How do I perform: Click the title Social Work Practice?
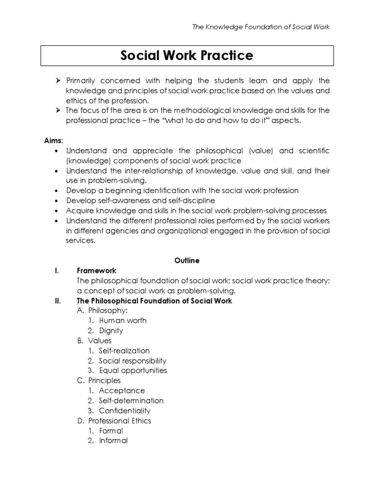[187, 56]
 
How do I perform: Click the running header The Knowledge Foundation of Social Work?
[261, 27]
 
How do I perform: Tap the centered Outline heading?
[187, 261]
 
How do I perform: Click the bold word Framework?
[96, 270]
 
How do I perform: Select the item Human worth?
[122, 321]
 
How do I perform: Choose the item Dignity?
[111, 331]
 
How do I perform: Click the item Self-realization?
[124, 351]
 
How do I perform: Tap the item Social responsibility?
[132, 361]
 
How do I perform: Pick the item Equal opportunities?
[132, 370]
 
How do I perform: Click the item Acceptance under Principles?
[122, 391]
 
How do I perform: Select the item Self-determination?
[131, 401]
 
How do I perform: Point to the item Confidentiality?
[125, 411]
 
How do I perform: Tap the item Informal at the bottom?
[113, 441]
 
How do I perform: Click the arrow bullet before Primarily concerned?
[57, 80]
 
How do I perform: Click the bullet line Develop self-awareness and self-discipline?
[140, 200]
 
